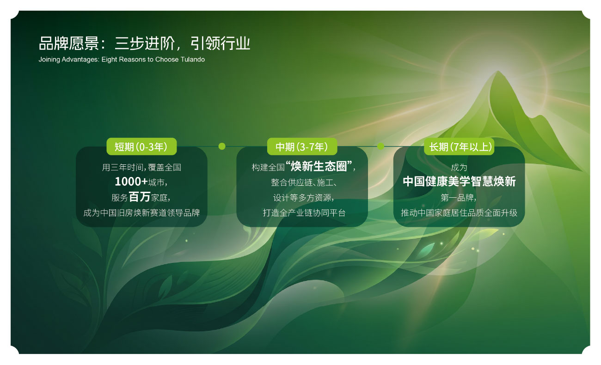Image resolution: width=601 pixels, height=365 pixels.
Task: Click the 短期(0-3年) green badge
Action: click(x=141, y=146)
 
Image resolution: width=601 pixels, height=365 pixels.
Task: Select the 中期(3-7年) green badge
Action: click(x=302, y=146)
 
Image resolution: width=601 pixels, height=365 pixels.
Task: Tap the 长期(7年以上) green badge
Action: click(x=459, y=146)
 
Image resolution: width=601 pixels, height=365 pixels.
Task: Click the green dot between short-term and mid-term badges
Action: click(x=222, y=146)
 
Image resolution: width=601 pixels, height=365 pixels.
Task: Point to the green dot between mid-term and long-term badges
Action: click(x=380, y=146)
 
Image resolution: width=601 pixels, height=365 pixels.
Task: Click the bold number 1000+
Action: click(x=131, y=182)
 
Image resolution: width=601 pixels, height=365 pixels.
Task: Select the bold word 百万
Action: click(x=140, y=197)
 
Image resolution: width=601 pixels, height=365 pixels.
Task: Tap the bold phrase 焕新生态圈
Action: click(x=319, y=166)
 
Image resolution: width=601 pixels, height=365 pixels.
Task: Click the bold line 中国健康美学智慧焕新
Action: click(x=459, y=181)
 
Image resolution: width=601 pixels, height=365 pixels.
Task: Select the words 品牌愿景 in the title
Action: click(x=69, y=43)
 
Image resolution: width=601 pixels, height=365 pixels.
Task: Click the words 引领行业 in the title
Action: click(x=220, y=43)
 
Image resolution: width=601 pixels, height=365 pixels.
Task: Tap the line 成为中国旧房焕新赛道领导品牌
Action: click(x=141, y=213)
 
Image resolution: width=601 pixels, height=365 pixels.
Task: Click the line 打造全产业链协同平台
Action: click(x=304, y=213)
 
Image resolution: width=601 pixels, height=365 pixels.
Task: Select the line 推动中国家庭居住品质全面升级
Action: click(x=459, y=213)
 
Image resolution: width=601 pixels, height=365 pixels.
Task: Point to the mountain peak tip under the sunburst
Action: click(x=498, y=71)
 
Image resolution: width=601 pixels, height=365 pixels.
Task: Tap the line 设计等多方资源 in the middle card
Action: click(x=302, y=198)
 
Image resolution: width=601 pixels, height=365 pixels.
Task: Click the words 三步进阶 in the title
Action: click(x=145, y=43)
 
